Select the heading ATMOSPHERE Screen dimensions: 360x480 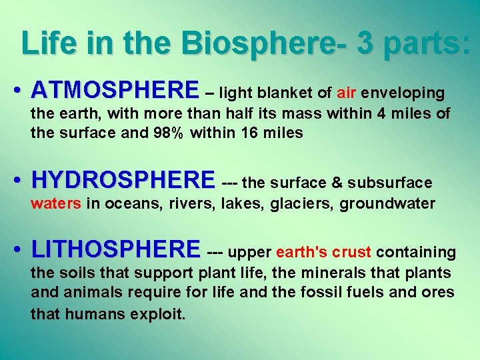point(115,90)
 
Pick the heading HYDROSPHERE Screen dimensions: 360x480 point(123,180)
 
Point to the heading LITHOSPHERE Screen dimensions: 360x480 point(115,250)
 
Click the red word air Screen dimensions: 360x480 point(347,92)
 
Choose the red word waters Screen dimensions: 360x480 point(56,203)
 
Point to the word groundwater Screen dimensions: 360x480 point(387,203)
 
